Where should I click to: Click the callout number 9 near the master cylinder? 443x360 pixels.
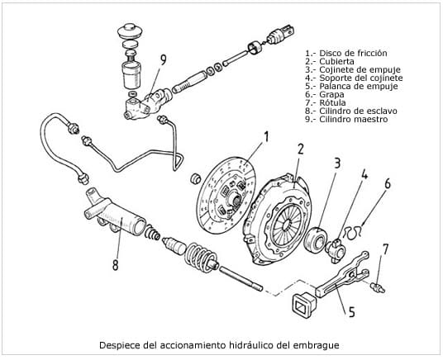coord(164,59)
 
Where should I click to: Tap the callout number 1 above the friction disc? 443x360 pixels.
coord(266,137)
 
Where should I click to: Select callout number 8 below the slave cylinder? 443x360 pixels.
coord(115,265)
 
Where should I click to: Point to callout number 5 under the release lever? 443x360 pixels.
coord(351,312)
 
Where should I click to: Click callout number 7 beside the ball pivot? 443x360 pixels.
coord(385,249)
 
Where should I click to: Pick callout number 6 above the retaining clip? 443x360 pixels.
coord(388,183)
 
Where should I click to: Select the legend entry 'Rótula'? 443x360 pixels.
coord(332,102)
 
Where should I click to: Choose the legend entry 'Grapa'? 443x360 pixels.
coord(331,94)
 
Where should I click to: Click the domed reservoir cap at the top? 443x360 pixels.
coord(130,31)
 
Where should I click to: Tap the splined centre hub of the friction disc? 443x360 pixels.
coord(234,197)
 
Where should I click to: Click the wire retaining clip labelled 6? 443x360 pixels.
coord(354,231)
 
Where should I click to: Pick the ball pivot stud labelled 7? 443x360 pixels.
coord(379,287)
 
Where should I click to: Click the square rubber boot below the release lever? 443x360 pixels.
coord(303,306)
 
